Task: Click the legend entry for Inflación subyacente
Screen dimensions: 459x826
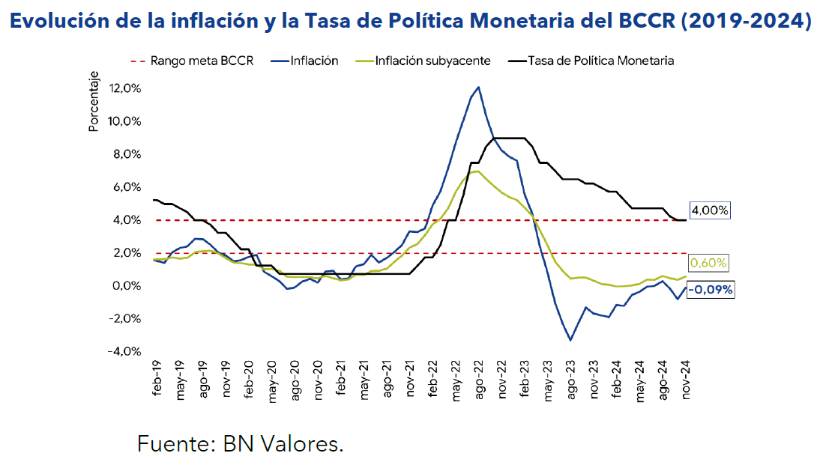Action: pyautogui.click(x=432, y=61)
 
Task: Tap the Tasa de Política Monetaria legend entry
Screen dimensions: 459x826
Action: pyautogui.click(x=600, y=61)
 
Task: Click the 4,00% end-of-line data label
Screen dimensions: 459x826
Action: pyautogui.click(x=709, y=211)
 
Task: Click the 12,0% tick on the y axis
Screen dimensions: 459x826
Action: pyautogui.click(x=125, y=88)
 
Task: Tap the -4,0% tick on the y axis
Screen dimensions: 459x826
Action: pyautogui.click(x=125, y=351)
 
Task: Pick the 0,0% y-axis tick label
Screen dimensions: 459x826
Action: pyautogui.click(x=127, y=285)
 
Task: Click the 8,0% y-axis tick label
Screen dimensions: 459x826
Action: pyautogui.click(x=127, y=154)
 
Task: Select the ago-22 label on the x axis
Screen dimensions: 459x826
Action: pyautogui.click(x=479, y=377)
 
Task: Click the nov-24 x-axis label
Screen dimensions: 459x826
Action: pyautogui.click(x=685, y=377)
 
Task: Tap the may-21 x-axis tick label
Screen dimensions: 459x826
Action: pyautogui.click(x=364, y=377)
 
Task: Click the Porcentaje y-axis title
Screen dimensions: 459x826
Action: pyautogui.click(x=94, y=101)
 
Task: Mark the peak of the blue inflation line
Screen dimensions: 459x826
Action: pyautogui.click(x=478, y=87)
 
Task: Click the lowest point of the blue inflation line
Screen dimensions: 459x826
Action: pyautogui.click(x=570, y=340)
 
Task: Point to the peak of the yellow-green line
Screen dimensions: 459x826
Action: pyautogui.click(x=477, y=171)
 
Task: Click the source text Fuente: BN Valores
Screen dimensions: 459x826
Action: pyautogui.click(x=241, y=443)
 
